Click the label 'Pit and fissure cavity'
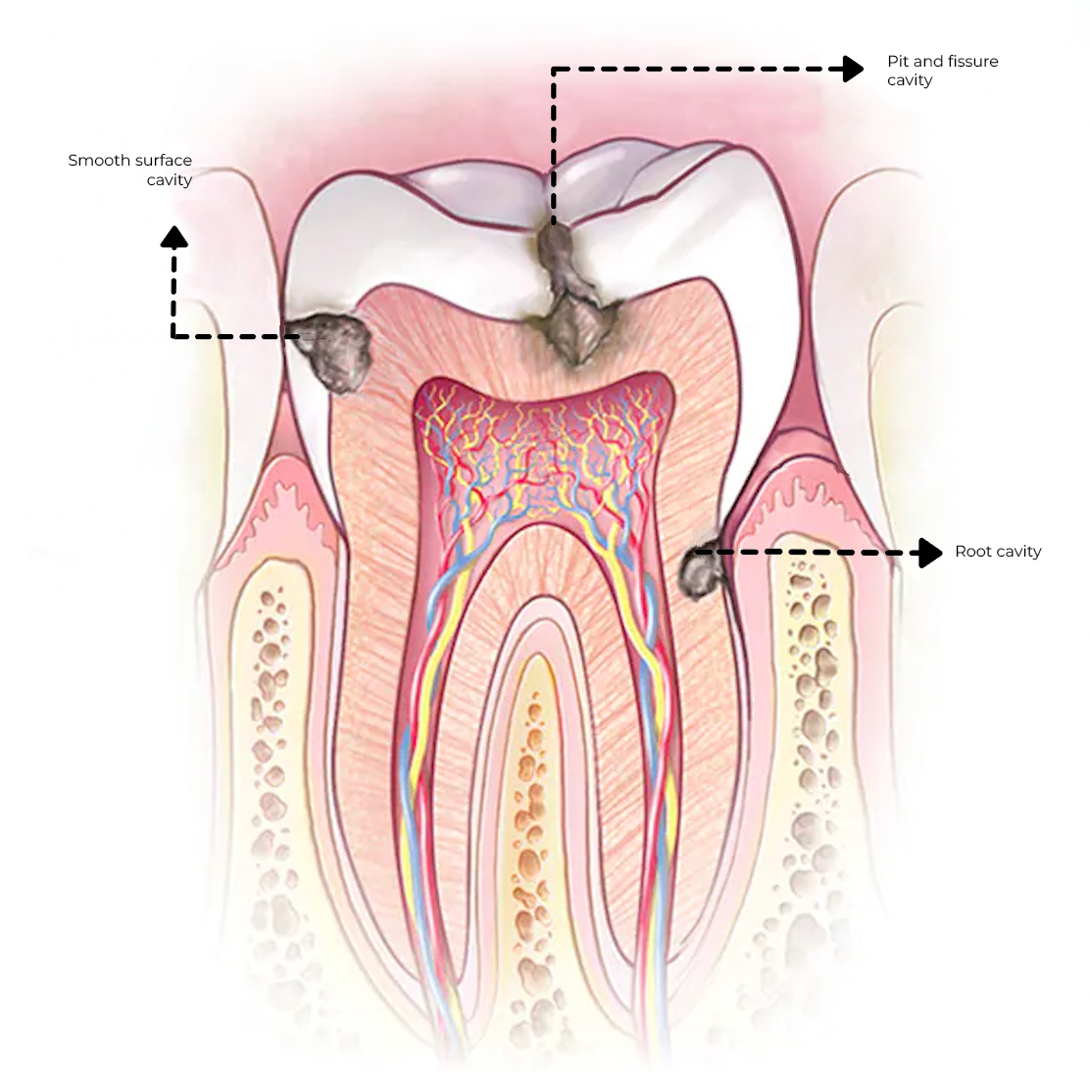pyautogui.click(x=942, y=71)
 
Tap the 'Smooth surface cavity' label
pyautogui.click(x=130, y=170)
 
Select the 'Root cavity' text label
pyautogui.click(x=997, y=552)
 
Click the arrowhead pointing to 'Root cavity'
pyautogui.click(x=926, y=553)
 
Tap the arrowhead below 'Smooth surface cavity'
pyautogui.click(x=174, y=237)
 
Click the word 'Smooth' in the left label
pyautogui.click(x=98, y=160)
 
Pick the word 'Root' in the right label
pyautogui.click(x=973, y=552)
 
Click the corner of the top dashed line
pyautogui.click(x=555, y=70)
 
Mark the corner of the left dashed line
pyautogui.click(x=174, y=336)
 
